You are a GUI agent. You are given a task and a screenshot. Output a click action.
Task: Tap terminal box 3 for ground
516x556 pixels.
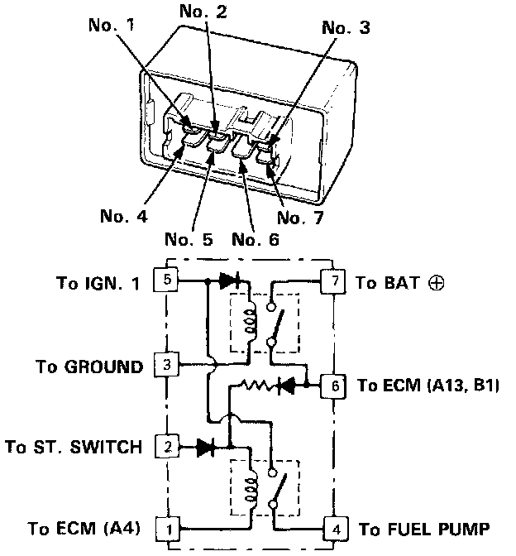[x=168, y=364]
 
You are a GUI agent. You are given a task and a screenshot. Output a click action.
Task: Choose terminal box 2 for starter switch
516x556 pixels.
[x=168, y=447]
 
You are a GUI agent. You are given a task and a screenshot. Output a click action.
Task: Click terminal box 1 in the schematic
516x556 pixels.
[x=168, y=527]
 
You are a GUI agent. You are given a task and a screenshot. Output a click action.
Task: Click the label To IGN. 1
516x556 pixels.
[x=98, y=282]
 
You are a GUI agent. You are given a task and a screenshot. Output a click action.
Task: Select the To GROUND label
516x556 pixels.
[x=89, y=365]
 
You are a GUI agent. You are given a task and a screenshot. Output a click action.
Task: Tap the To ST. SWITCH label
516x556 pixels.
[x=73, y=448]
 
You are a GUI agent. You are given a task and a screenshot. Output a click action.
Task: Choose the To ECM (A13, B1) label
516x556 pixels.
[x=427, y=386]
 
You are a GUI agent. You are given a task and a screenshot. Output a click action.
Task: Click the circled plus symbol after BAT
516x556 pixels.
[x=436, y=282]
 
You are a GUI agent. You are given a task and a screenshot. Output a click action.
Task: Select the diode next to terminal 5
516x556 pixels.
[x=231, y=281]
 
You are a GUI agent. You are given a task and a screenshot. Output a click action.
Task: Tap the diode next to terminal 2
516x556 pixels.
[x=207, y=448]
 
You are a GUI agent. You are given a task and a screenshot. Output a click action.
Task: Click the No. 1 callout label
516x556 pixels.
[x=112, y=25]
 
